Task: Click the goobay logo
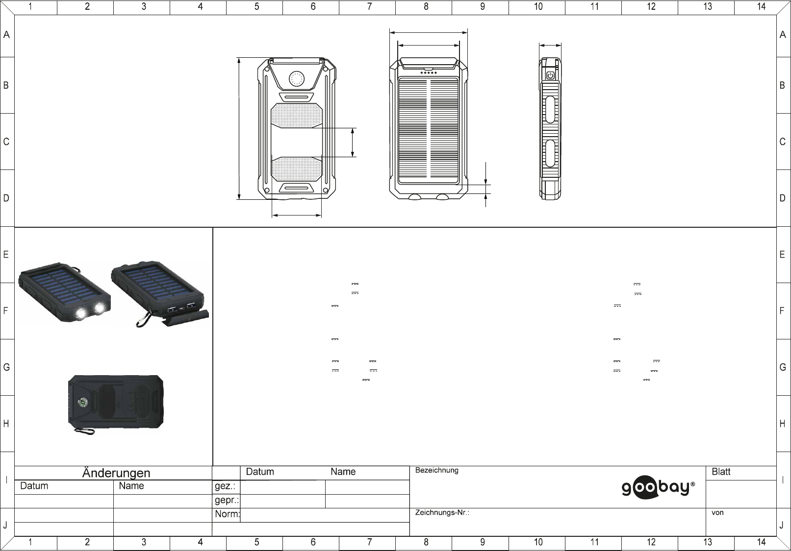pos(658,487)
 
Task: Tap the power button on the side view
pos(550,75)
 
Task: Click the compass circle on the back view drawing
pos(297,79)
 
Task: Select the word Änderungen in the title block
pos(116,473)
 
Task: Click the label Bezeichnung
pos(437,470)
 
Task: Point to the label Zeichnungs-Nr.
pos(442,512)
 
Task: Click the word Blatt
pos(721,472)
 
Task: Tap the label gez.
pos(225,486)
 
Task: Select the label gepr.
pos(227,500)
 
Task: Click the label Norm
pos(227,514)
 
